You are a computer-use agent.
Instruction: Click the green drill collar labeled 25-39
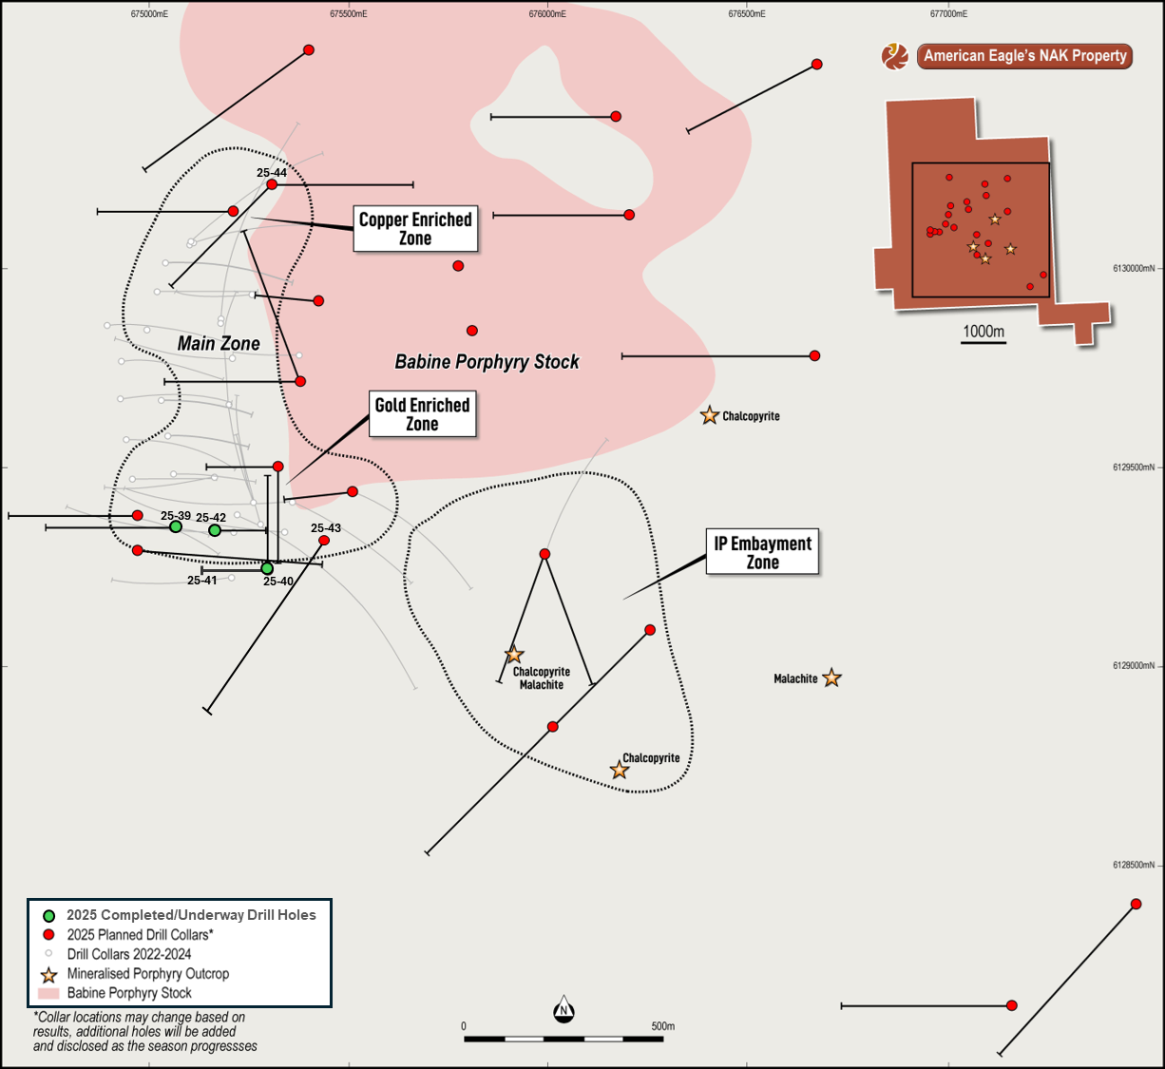tap(176, 527)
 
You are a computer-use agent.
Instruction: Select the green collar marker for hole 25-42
tap(215, 530)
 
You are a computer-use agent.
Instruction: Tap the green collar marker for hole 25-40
tap(267, 568)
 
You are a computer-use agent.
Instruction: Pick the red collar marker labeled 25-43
tap(324, 541)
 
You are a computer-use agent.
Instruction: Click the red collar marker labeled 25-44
tap(272, 184)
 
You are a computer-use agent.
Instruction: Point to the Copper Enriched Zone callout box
tap(415, 229)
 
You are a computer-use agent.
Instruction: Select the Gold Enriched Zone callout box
tap(422, 414)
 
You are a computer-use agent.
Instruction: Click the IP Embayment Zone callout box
tap(762, 552)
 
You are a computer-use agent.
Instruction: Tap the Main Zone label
tap(219, 343)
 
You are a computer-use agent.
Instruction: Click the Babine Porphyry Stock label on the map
tap(487, 362)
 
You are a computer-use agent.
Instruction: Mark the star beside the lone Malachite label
tap(831, 678)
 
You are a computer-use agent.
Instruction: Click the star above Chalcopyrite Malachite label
tap(514, 655)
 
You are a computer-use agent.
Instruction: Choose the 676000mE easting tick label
tap(547, 14)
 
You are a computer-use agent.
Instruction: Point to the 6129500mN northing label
tap(1134, 468)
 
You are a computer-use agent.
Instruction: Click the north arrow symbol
tap(563, 1010)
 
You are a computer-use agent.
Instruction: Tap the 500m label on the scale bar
tap(662, 1026)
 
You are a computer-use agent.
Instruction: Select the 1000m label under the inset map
tap(984, 332)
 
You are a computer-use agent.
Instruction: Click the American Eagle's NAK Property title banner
tap(1024, 56)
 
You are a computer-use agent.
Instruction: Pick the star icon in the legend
tap(48, 975)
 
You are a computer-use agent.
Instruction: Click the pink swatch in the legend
tap(48, 994)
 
